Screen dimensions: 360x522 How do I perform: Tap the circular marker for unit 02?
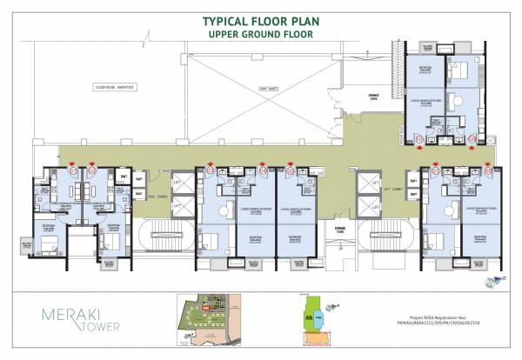(x=92, y=171)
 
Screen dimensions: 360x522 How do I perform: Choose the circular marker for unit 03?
(x=210, y=171)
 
